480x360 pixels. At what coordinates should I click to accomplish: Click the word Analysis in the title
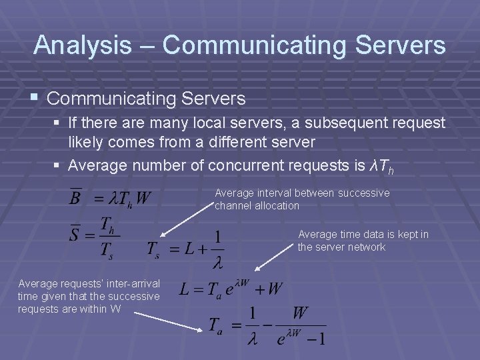click(83, 45)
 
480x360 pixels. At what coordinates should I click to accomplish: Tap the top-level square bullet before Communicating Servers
click(37, 99)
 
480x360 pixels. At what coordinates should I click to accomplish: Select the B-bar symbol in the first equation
click(76, 197)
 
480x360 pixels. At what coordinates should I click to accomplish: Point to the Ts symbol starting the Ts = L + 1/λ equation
click(155, 250)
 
